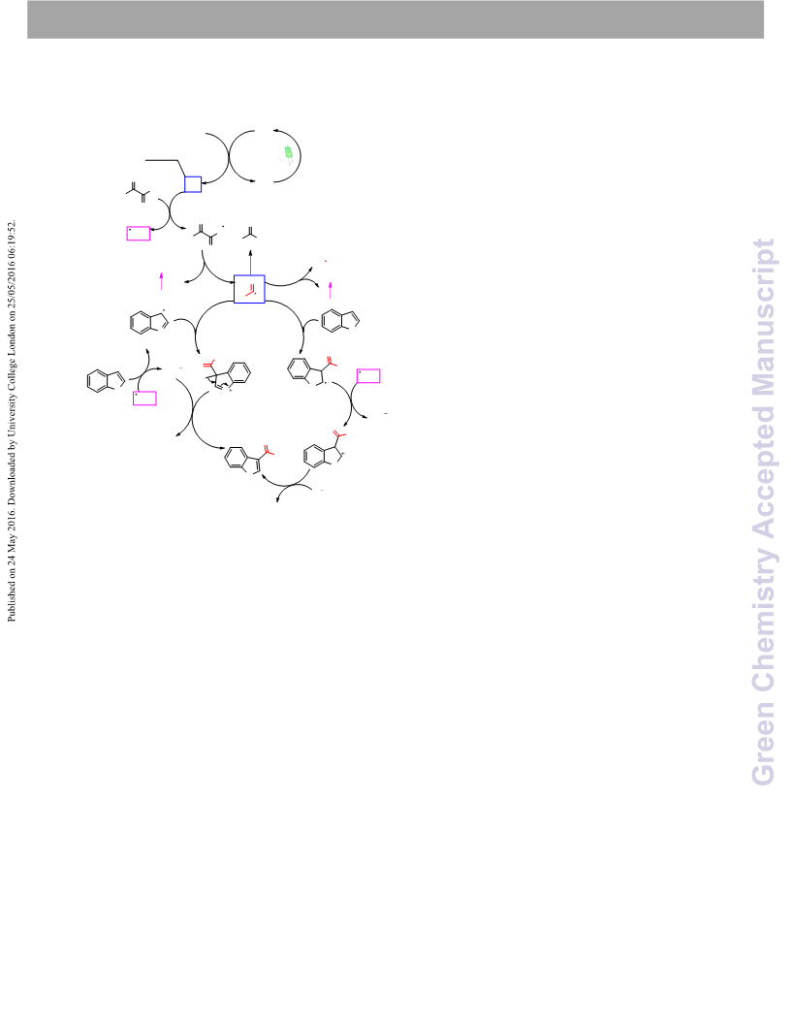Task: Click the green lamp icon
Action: tap(288, 155)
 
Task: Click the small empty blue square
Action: tap(193, 184)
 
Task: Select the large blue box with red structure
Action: tap(249, 289)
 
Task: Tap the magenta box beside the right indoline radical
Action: tap(368, 375)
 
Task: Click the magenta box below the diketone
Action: tap(139, 233)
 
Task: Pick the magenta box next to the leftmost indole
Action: tap(144, 398)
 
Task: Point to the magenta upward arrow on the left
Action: tap(161, 281)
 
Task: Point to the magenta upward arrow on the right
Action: tap(331, 290)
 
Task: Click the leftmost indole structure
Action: tap(105, 381)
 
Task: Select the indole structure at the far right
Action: tap(340, 320)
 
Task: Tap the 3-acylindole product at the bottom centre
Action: tap(247, 459)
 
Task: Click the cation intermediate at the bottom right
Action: tap(325, 449)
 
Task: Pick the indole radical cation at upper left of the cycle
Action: tap(149, 321)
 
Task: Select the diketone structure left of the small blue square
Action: tap(138, 191)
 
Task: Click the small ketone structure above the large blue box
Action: tap(250, 233)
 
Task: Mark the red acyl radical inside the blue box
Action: tap(251, 290)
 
